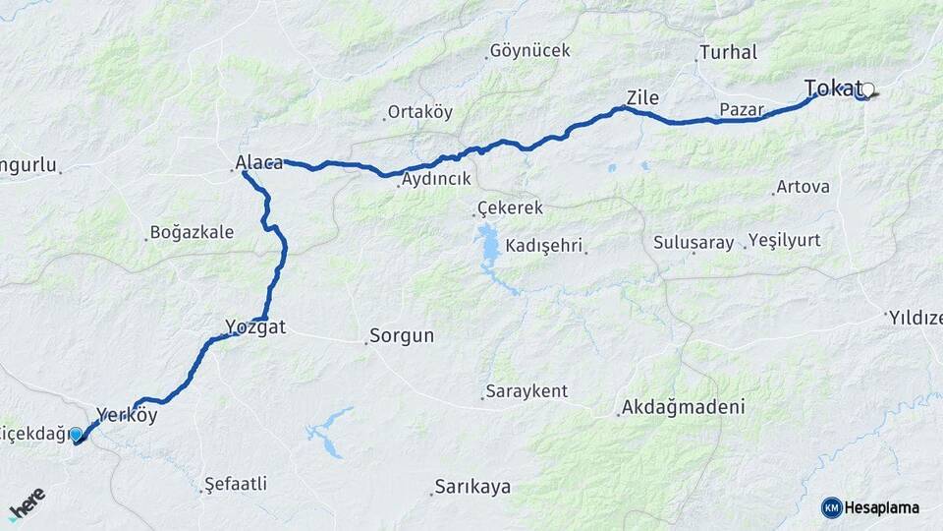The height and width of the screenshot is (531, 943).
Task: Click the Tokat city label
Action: [833, 88]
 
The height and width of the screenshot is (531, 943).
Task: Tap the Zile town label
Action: [642, 97]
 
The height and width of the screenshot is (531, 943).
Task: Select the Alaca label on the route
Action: [258, 162]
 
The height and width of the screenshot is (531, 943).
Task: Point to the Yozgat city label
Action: [255, 327]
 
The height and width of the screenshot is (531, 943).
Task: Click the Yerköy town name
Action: [127, 415]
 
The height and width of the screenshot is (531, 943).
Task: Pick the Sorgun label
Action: [404, 335]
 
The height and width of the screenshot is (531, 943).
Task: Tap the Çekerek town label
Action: [510, 208]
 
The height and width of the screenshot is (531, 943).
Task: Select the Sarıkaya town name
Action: [472, 487]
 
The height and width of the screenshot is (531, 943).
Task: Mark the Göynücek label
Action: [529, 50]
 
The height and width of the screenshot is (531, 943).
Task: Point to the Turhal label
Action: [728, 52]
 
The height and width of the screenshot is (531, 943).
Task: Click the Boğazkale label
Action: [192, 233]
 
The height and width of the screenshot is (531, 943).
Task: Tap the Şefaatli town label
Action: [236, 484]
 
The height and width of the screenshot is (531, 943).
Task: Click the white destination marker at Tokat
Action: [866, 89]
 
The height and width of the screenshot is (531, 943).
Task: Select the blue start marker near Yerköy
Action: [76, 434]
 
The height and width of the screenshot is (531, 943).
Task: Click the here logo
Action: [28, 502]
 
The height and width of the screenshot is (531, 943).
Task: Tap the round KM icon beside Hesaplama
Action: [831, 507]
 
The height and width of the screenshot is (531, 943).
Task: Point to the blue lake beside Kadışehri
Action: [489, 247]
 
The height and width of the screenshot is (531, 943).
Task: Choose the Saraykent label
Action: [528, 391]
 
